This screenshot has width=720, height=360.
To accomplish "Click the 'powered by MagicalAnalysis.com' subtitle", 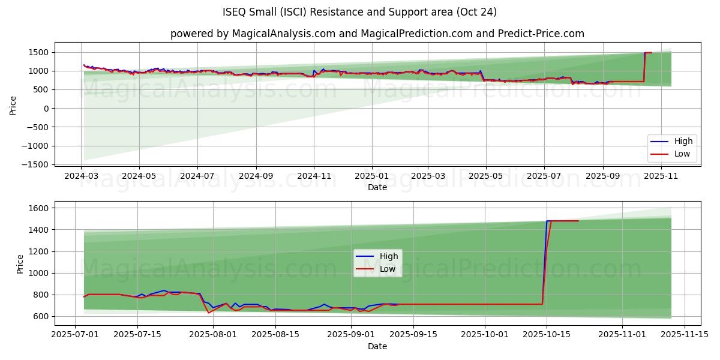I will tap(377, 34).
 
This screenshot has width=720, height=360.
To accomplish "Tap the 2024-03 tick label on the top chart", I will tap(81, 176).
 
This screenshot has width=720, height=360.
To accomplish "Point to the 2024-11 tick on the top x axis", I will tap(314, 176).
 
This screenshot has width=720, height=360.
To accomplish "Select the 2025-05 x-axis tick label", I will tap(485, 176).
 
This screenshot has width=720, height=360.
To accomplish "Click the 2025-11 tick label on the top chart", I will tap(661, 176).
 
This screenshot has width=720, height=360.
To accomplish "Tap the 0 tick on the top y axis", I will tap(46, 109).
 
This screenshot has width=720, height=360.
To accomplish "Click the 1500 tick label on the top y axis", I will tap(38, 53).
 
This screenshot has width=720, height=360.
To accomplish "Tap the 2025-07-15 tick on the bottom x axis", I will tap(137, 335).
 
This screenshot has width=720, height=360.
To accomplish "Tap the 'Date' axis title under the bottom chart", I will tap(377, 346).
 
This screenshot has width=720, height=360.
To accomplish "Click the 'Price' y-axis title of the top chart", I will tap(13, 104).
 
